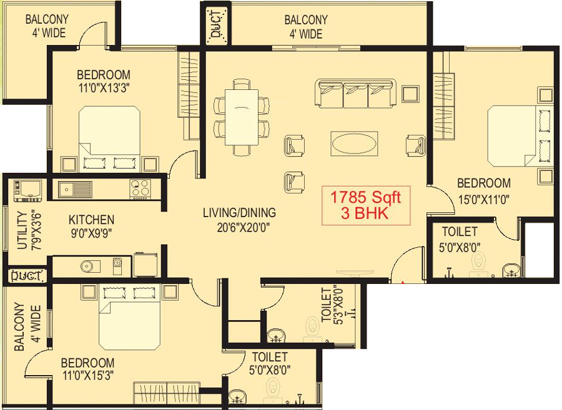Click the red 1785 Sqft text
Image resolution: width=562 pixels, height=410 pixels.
365,197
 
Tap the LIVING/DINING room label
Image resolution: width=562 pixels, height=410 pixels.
239,213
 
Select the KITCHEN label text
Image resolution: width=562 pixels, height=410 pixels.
91,220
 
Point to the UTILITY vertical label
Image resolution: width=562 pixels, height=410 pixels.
22,231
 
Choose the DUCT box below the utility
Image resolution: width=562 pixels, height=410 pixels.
26,275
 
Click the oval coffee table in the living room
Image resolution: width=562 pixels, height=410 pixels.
355,142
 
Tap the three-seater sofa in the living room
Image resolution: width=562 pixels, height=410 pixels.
356,94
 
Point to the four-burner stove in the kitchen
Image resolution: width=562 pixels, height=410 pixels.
140,188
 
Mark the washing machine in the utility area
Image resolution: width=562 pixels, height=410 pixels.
27,188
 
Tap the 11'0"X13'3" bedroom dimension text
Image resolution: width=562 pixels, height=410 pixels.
105,89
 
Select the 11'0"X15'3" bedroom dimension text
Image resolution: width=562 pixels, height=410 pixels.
87,377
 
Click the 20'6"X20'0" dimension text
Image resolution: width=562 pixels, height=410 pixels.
239,228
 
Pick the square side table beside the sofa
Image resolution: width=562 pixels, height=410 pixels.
411,94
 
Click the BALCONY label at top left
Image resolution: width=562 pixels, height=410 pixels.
47,19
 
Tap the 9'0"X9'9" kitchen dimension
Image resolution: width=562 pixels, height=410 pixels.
91,235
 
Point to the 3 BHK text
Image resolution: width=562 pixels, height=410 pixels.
366,213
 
